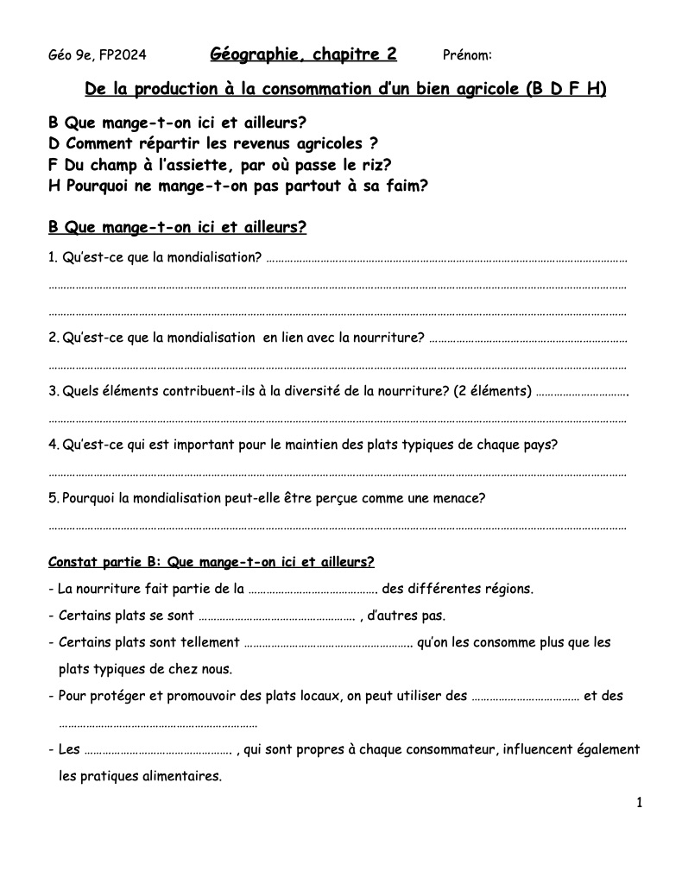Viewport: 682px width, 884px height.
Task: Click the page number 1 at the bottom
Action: coord(640,804)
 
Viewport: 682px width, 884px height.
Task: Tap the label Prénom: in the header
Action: coord(467,56)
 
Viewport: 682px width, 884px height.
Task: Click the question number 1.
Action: coord(53,256)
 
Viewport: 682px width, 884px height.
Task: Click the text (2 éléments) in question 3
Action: coord(491,391)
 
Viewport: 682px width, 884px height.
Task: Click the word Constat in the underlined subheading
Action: coord(73,562)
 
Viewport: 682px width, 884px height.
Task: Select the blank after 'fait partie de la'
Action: coord(313,591)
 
